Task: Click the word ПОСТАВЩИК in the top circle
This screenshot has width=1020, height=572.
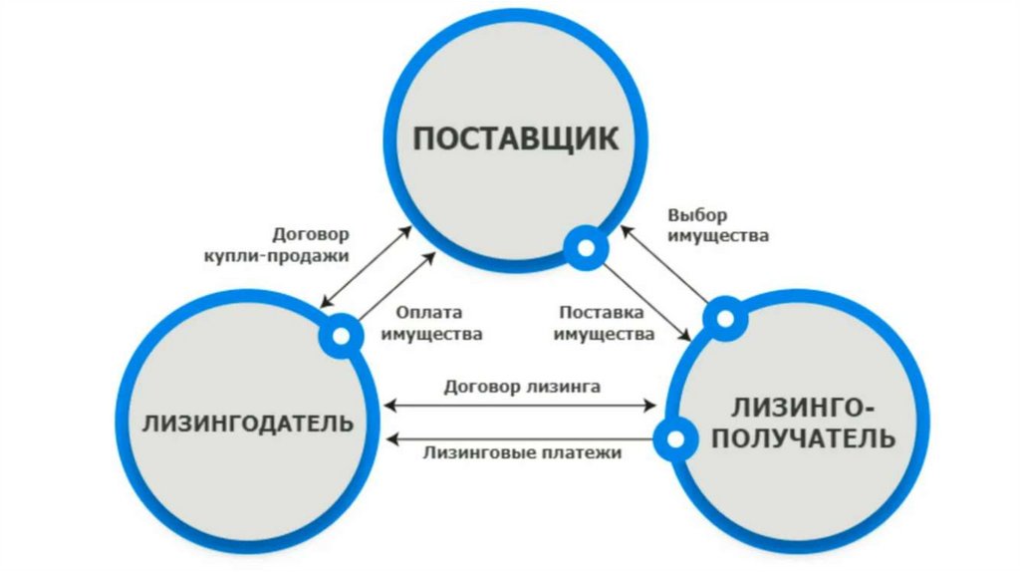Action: (515, 138)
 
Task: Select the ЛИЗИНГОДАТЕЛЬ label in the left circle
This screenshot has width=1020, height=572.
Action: (248, 423)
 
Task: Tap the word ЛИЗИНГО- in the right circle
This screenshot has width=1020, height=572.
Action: (804, 409)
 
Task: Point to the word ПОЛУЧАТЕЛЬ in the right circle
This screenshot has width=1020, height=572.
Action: (804, 437)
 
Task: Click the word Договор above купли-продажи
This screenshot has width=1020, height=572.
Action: (311, 236)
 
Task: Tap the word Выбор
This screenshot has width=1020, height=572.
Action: (698, 215)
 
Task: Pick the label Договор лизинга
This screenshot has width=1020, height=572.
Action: (522, 386)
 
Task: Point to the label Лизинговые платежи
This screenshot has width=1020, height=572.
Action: (522, 453)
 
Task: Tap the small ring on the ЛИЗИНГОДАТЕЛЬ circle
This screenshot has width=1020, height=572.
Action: (341, 335)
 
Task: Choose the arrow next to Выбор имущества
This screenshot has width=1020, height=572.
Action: (665, 264)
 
